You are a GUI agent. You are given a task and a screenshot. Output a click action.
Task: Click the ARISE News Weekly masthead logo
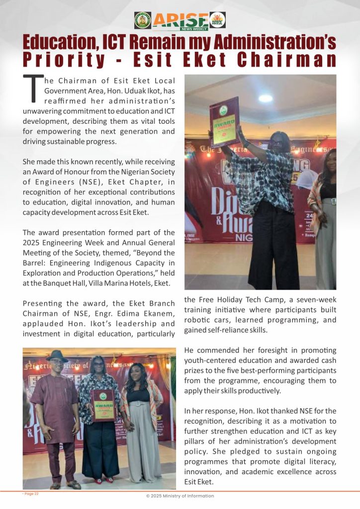(180, 20)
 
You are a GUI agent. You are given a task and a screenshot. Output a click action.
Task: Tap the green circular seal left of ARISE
(142, 20)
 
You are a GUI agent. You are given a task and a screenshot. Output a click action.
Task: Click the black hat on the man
(57, 356)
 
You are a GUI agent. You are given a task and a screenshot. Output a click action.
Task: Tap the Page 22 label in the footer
(30, 494)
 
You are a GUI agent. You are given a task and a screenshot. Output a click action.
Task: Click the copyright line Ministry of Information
(180, 496)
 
